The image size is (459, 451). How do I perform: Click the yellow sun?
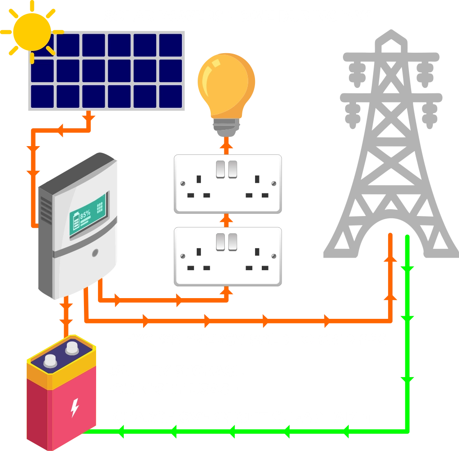click(x=31, y=31)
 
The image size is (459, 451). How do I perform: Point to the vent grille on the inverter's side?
click(x=46, y=210)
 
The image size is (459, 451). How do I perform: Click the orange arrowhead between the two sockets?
click(x=227, y=220)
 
